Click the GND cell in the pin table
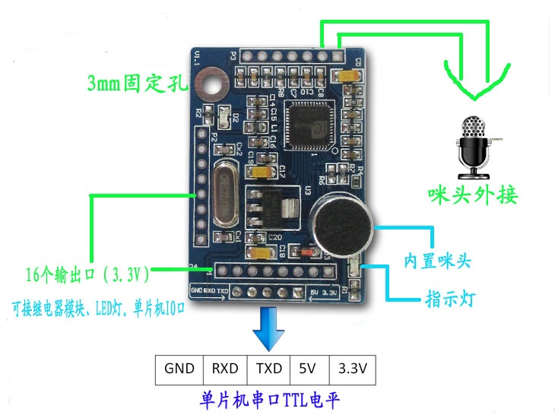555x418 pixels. (179, 369)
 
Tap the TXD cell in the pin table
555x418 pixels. (268, 369)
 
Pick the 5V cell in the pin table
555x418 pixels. (309, 369)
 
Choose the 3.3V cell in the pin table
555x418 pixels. (352, 369)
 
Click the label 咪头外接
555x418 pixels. (471, 195)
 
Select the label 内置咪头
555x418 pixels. (438, 262)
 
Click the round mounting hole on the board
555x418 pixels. (210, 85)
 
